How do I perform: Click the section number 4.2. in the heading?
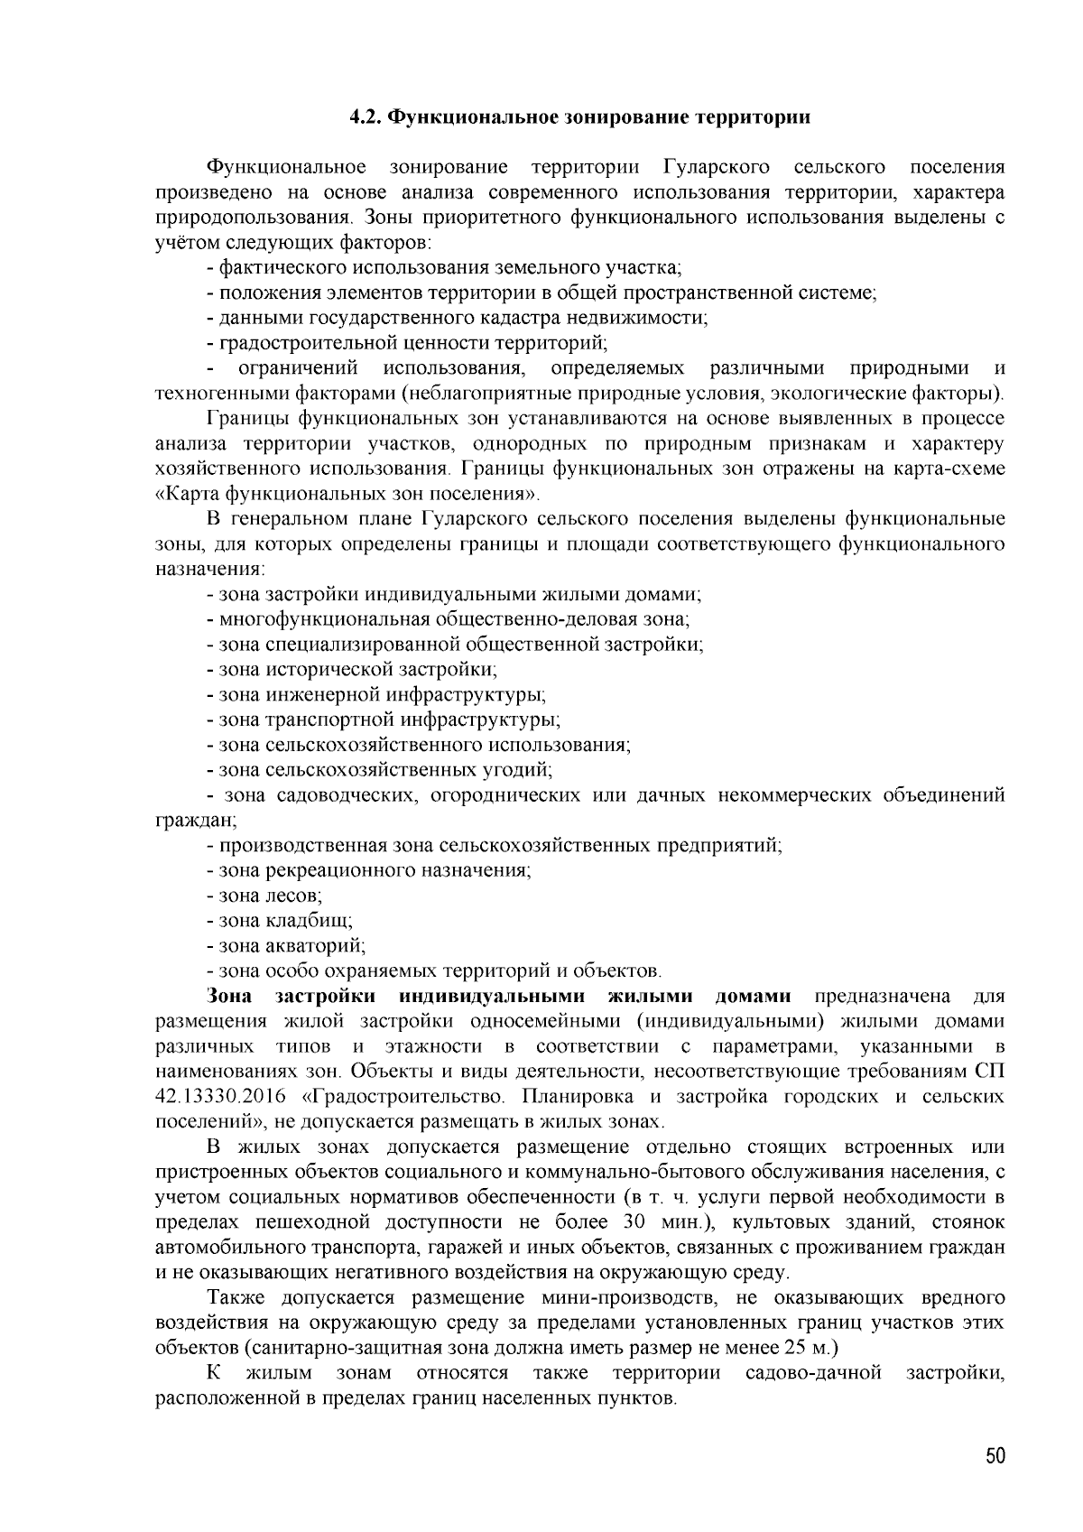pos(366,117)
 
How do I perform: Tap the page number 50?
pos(995,1456)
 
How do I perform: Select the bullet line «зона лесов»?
pos(270,896)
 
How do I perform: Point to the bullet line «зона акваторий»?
pos(291,946)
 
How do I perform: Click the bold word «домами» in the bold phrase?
pos(753,997)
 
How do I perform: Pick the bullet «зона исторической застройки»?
pos(356,670)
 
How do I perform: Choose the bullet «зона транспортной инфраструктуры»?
pos(388,720)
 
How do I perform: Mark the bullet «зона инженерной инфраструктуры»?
pos(381,695)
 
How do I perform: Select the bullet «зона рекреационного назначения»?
pos(374,870)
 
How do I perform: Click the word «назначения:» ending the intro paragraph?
pos(209,570)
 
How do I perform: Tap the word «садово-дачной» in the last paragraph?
pos(813,1373)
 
